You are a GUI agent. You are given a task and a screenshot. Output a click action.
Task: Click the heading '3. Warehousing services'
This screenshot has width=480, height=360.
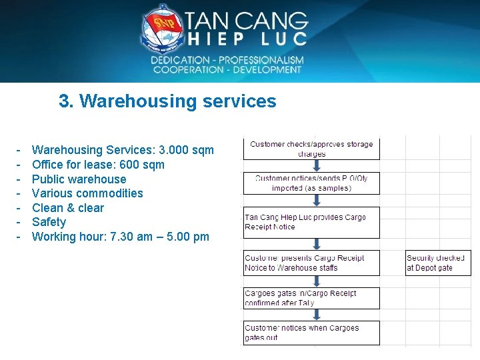click(167, 101)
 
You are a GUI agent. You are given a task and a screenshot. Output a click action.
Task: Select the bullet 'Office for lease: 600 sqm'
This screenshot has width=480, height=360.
click(98, 165)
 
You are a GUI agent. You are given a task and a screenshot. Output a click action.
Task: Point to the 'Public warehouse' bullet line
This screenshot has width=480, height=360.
click(79, 179)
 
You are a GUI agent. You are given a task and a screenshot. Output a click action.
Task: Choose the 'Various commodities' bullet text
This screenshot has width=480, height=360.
click(87, 193)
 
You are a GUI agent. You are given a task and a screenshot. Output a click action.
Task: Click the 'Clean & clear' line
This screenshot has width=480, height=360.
click(68, 208)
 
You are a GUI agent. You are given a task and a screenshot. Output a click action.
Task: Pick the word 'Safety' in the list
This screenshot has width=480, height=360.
click(49, 222)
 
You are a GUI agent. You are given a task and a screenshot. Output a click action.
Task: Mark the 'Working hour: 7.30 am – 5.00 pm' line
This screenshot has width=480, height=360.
click(120, 237)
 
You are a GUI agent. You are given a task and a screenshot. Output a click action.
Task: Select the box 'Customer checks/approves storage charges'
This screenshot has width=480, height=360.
click(311, 149)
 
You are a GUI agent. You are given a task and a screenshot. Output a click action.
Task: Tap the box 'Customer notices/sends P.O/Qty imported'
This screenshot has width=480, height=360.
click(311, 183)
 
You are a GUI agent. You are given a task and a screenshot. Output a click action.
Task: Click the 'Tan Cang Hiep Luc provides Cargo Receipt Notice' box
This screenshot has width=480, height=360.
click(311, 222)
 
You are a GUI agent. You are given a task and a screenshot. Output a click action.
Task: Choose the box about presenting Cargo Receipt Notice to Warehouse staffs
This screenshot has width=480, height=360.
click(311, 263)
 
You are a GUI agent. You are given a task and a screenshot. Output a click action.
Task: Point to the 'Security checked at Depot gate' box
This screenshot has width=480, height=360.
click(438, 263)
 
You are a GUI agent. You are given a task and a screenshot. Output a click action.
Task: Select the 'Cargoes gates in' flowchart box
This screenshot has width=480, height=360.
click(311, 298)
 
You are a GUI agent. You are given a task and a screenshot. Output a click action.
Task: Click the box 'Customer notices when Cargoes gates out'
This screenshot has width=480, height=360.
click(311, 332)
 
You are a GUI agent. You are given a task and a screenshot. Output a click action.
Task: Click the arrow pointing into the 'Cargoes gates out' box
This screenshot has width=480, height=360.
click(311, 315)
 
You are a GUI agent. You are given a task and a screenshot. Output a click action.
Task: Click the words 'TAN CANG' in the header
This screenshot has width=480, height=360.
click(246, 21)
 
